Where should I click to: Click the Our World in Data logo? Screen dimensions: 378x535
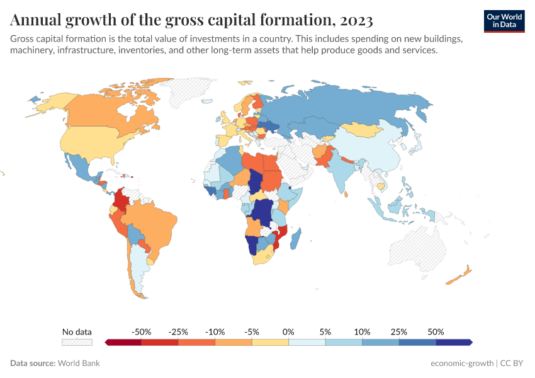coord(504,21)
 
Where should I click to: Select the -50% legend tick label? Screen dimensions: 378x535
coord(141,331)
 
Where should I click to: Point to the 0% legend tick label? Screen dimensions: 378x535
coord(288,331)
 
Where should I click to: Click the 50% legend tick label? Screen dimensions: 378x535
coord(436,331)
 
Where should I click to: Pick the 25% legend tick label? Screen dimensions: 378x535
coord(399,331)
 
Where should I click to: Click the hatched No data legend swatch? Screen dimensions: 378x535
coord(77,342)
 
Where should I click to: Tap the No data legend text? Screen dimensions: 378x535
coord(77,331)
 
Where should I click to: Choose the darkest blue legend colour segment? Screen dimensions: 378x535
coord(454,342)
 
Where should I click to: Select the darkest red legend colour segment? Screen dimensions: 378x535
coord(123,342)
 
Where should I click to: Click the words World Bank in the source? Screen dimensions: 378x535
coord(79,363)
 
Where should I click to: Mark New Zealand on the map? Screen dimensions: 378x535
coord(459,275)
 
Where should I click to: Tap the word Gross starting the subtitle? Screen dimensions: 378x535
coord(23,39)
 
